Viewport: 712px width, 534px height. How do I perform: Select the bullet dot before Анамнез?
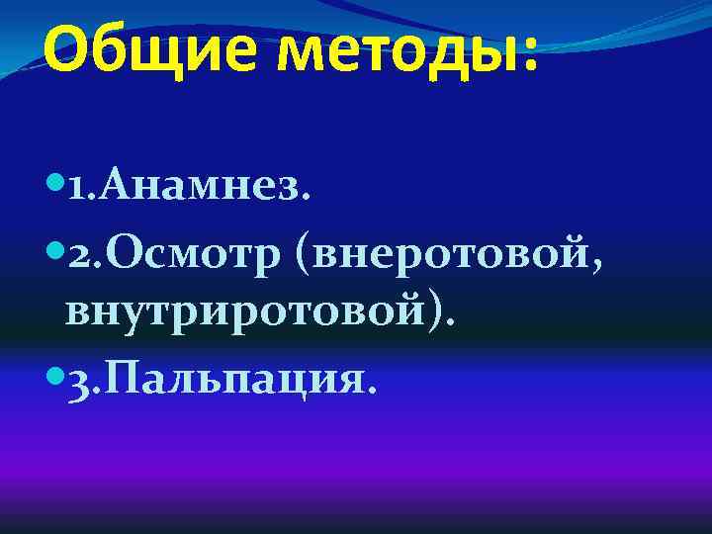click(x=53, y=184)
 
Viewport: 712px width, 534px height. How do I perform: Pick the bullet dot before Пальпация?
click(x=53, y=374)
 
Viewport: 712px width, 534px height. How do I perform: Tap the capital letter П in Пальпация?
click(x=126, y=375)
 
